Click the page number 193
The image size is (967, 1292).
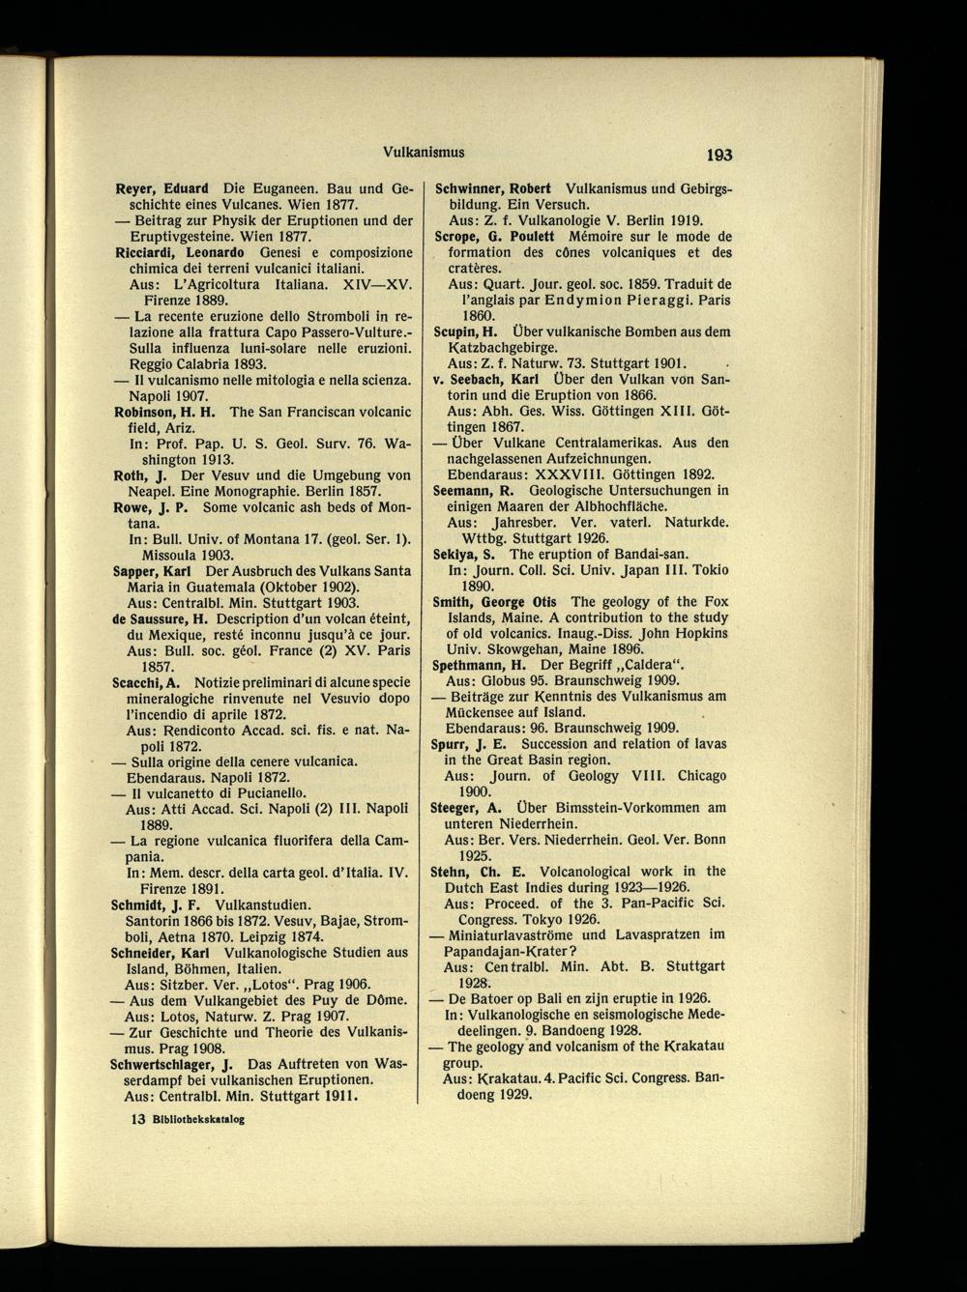click(718, 154)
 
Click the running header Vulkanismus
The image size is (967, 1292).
click(425, 152)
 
